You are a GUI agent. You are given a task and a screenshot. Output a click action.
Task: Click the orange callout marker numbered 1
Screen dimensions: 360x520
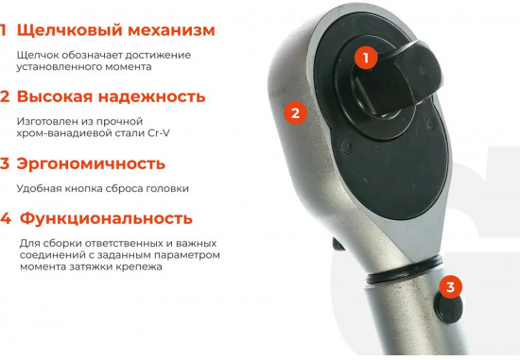tap(365, 58)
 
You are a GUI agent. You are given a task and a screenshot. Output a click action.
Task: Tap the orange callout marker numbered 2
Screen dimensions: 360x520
tap(295, 112)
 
